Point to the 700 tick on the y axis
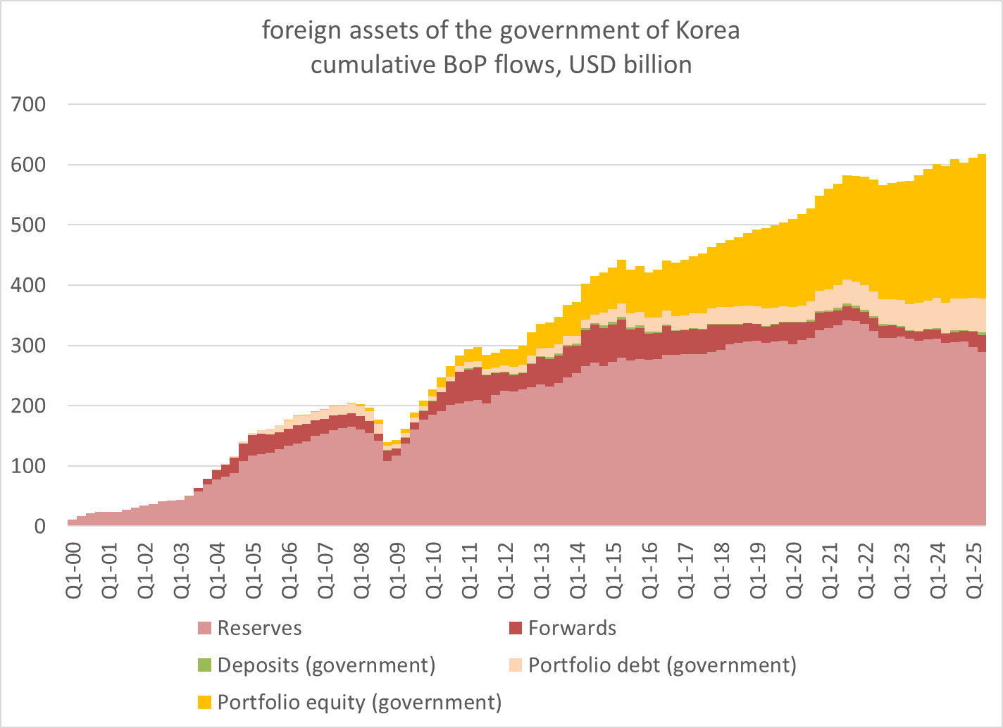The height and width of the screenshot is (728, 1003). [x=29, y=104]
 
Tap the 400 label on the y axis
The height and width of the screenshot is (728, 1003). [x=29, y=285]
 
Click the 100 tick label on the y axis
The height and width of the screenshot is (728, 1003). [x=29, y=466]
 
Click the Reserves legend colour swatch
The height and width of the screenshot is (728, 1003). [x=204, y=628]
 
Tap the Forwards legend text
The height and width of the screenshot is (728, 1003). [x=572, y=628]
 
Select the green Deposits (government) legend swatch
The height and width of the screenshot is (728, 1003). [x=204, y=665]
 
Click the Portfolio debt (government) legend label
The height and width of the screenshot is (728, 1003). [x=662, y=665]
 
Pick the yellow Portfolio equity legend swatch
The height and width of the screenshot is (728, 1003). [x=204, y=703]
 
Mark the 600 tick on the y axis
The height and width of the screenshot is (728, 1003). [x=29, y=165]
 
